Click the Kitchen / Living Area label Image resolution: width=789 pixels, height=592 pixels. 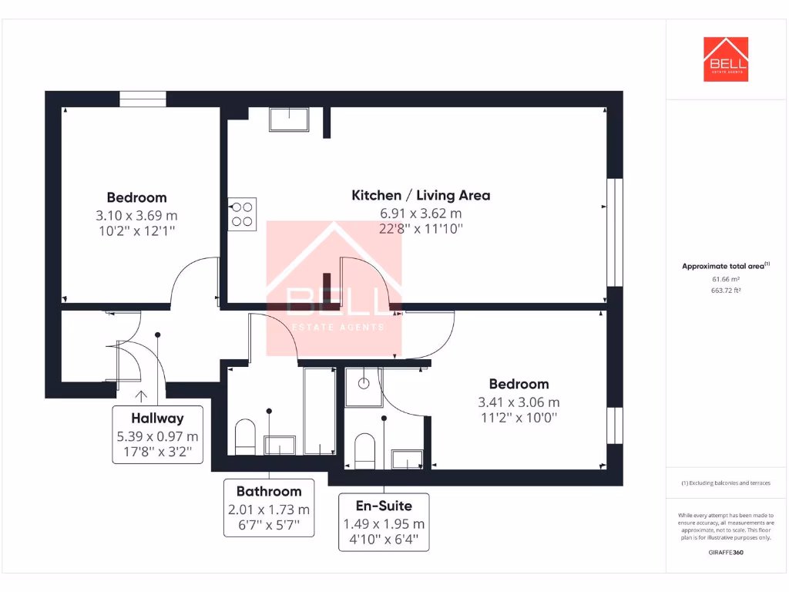point(420,195)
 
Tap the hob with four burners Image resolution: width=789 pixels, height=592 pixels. point(242,213)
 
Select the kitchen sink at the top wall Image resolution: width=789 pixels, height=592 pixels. point(288,120)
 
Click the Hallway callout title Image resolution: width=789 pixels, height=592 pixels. point(157,419)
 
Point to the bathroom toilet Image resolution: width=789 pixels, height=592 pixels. point(245,437)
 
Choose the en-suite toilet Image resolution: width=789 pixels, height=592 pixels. point(364,450)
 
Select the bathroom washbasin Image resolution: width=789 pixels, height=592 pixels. point(280,445)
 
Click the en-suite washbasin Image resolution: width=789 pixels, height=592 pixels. point(407,459)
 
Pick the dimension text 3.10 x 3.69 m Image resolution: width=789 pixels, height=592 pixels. point(136,215)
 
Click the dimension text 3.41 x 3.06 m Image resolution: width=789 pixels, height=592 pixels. point(519,402)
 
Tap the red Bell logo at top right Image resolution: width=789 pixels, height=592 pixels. point(725,59)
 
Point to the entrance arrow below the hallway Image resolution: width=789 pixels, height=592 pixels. point(142,397)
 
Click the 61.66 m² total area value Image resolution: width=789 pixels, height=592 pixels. point(725,279)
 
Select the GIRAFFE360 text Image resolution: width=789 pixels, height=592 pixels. point(725,552)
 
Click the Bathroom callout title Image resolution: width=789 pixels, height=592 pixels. point(269,491)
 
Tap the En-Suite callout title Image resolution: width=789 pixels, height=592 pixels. point(384,506)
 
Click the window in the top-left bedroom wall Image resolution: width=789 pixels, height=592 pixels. point(143,99)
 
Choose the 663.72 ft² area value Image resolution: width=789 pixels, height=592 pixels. point(725,291)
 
